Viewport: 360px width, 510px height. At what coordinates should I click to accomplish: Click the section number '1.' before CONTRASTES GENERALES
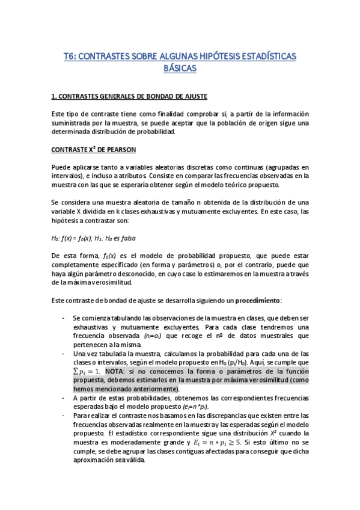(x=53, y=96)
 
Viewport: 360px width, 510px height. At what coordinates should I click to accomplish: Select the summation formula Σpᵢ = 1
(x=87, y=372)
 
